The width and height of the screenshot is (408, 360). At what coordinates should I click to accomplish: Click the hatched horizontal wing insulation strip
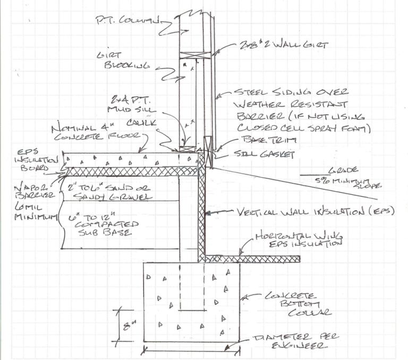coord(250,258)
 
